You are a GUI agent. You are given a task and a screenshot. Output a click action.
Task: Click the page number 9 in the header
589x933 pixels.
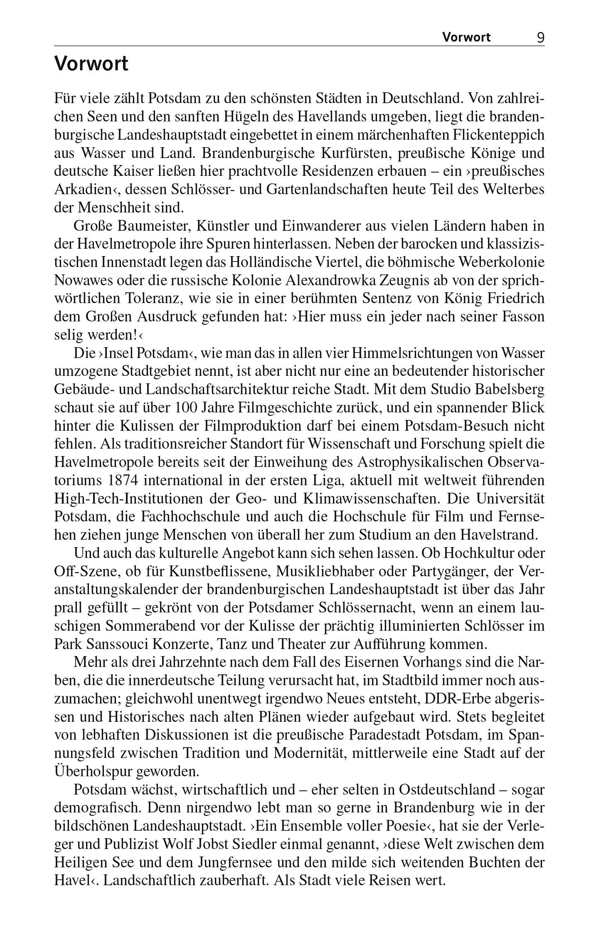tap(540, 38)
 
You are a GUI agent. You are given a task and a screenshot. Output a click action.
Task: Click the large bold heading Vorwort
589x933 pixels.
tap(91, 64)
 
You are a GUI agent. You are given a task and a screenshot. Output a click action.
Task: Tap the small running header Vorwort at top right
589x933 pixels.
tap(466, 37)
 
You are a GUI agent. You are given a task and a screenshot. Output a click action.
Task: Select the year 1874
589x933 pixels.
tap(123, 481)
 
